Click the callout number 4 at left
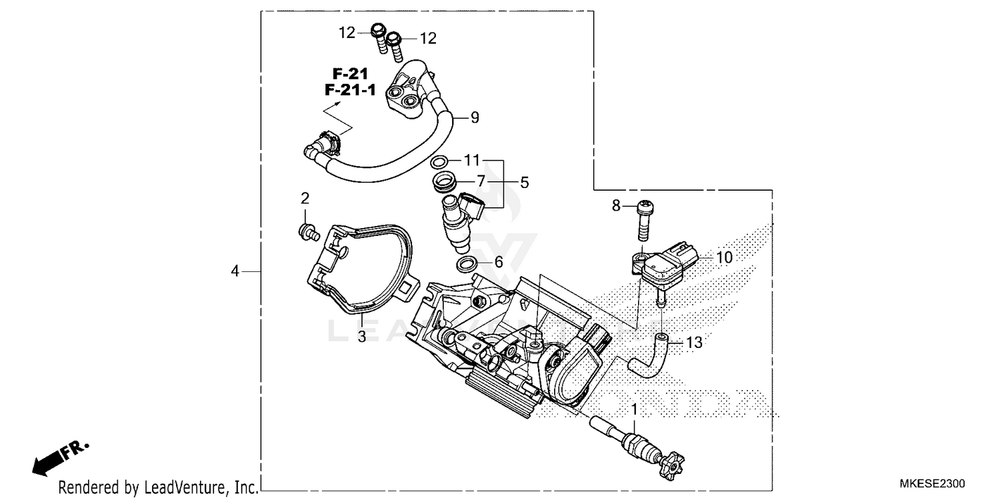click(x=235, y=271)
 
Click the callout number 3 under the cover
click(x=361, y=337)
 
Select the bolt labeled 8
click(x=645, y=219)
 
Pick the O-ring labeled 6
click(x=467, y=265)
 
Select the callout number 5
click(x=525, y=181)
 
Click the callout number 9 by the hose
click(x=475, y=118)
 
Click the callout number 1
click(x=635, y=408)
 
